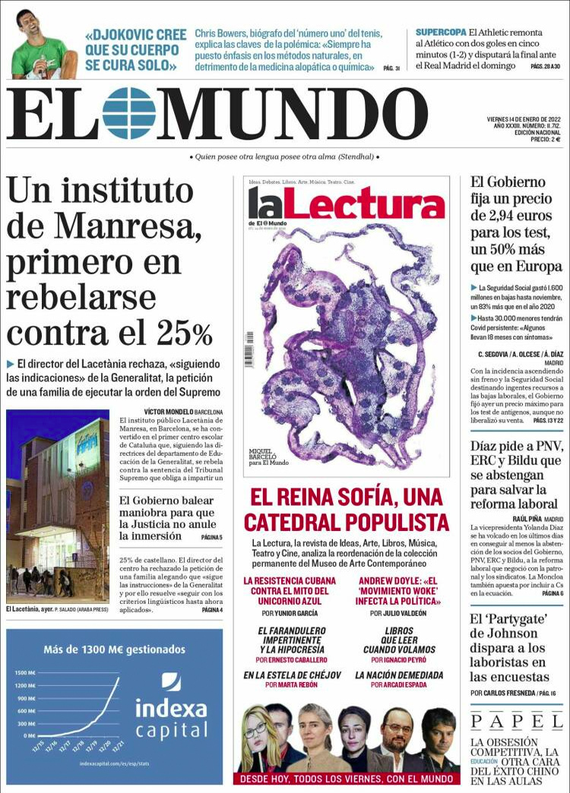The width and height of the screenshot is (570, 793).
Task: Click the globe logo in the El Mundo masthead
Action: tap(128, 113)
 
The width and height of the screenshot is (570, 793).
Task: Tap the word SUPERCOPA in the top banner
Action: tap(440, 33)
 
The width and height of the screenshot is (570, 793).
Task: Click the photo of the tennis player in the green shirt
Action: tap(40, 43)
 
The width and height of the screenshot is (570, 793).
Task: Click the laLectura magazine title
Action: tap(346, 204)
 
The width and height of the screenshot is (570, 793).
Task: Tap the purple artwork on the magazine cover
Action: tap(346, 342)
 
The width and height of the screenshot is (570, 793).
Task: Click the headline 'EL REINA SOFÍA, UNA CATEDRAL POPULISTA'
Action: tap(346, 510)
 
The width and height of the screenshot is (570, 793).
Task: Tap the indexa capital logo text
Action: tap(171, 719)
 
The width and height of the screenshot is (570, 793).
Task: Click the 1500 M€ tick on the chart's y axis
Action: tap(25, 673)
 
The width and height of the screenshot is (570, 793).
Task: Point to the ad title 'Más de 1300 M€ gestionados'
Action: tap(114, 649)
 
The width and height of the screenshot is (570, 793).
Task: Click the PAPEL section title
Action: tap(516, 721)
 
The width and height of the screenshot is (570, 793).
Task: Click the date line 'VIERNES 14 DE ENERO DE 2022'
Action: tap(524, 119)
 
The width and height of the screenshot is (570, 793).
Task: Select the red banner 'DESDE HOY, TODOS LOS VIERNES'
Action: tap(346, 779)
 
